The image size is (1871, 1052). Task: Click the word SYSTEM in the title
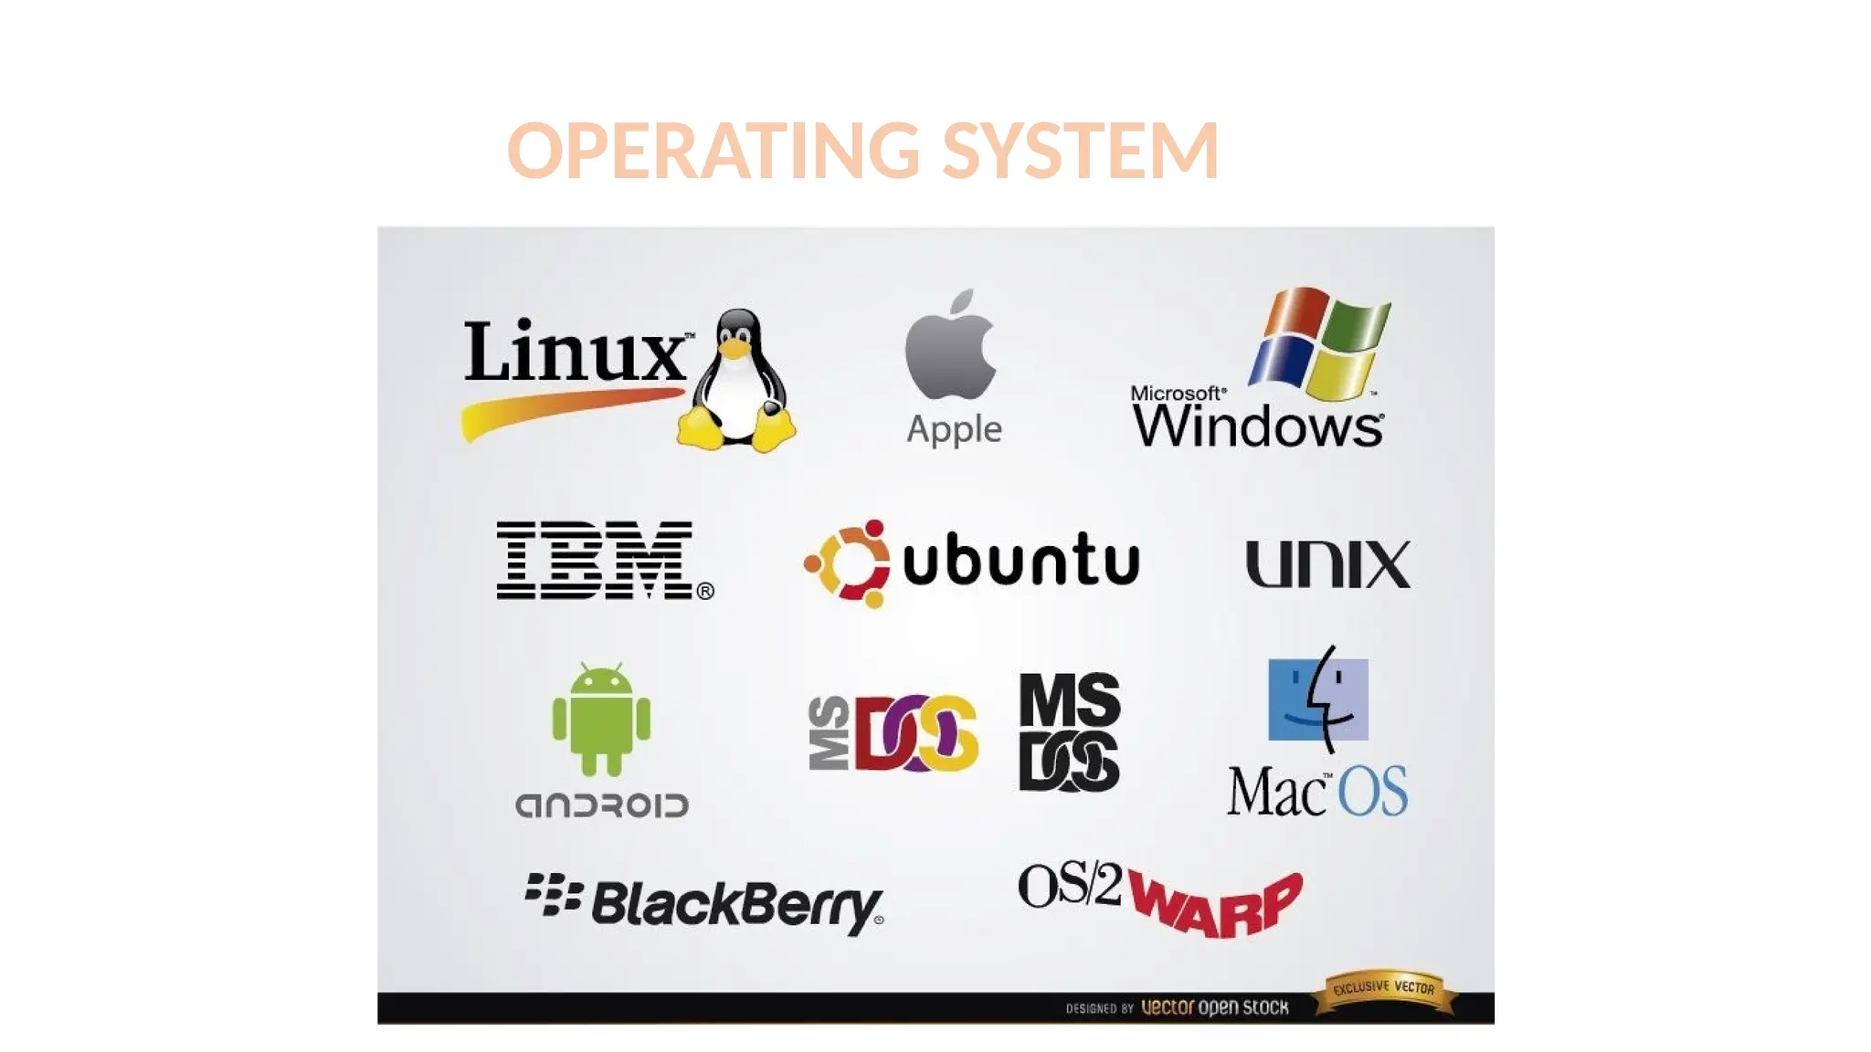click(1080, 151)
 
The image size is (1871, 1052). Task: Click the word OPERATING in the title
click(714, 151)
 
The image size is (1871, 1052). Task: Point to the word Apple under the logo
click(954, 429)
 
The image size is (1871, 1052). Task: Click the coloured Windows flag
click(1319, 342)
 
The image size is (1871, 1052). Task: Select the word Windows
click(1258, 426)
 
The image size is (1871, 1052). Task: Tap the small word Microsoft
click(1177, 393)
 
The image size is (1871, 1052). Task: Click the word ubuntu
click(1020, 559)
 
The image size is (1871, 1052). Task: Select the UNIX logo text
click(1327, 563)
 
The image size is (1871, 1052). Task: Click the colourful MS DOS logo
click(893, 732)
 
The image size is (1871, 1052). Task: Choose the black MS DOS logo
click(1069, 731)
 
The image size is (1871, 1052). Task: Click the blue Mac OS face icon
click(1318, 699)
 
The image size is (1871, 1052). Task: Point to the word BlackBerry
click(736, 904)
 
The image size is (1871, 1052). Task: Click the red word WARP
click(1215, 904)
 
